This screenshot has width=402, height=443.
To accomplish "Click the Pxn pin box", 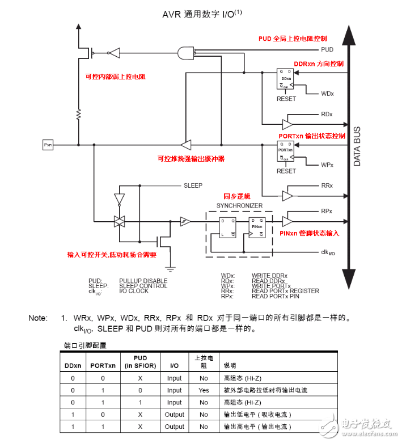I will [48, 145].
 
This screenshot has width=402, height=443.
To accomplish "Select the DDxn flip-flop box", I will [285, 79].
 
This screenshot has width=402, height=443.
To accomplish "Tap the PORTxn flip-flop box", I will [285, 151].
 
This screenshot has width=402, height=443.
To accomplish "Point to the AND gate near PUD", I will [185, 53].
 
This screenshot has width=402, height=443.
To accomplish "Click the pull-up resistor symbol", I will [79, 115].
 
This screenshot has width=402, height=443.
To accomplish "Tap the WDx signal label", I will [327, 92].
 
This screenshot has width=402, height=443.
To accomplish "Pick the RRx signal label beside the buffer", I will [327, 186].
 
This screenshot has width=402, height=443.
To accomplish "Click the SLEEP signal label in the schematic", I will [192, 185].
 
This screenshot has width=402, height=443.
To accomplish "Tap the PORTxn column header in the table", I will [103, 365].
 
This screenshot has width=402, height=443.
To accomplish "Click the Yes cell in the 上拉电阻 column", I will [204, 390].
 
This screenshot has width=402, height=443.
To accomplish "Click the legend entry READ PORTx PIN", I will [277, 296].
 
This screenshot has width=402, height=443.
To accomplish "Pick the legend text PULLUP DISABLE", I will [143, 281].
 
